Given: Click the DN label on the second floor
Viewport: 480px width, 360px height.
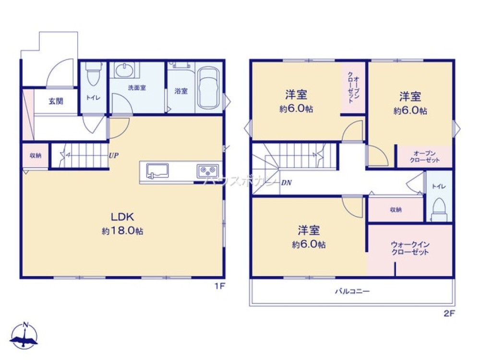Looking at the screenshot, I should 286,183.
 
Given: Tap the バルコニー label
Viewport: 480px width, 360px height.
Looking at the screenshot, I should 352,291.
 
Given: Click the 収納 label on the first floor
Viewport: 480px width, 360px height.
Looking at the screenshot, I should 35,156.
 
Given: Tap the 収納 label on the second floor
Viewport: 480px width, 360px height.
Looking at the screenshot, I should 396,210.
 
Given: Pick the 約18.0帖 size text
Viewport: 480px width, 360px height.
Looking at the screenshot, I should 122,231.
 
